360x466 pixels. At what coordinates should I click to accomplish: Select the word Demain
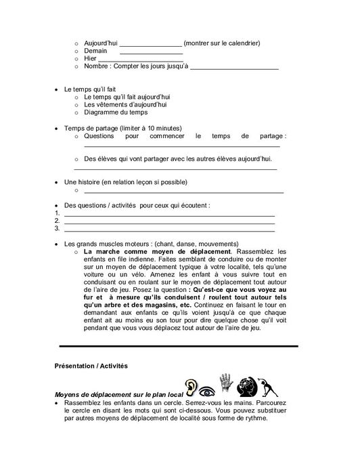(x=95, y=51)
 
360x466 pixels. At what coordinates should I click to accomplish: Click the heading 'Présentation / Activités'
(x=91, y=366)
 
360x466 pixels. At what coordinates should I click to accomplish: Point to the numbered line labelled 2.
(x=168, y=221)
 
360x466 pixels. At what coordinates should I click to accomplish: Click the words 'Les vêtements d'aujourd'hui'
(x=125, y=105)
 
